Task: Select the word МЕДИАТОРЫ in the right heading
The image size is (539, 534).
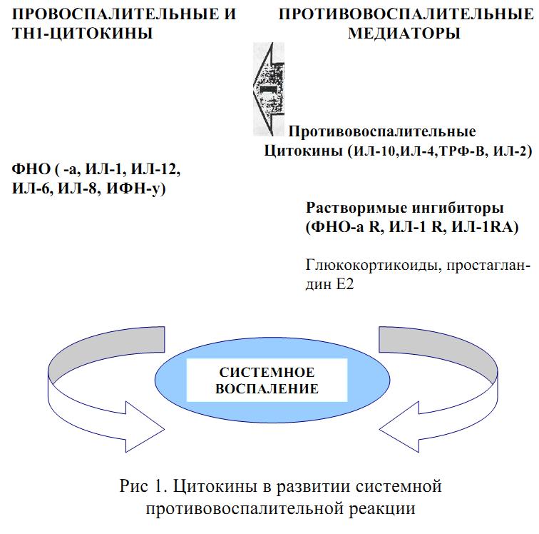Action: (404, 33)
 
